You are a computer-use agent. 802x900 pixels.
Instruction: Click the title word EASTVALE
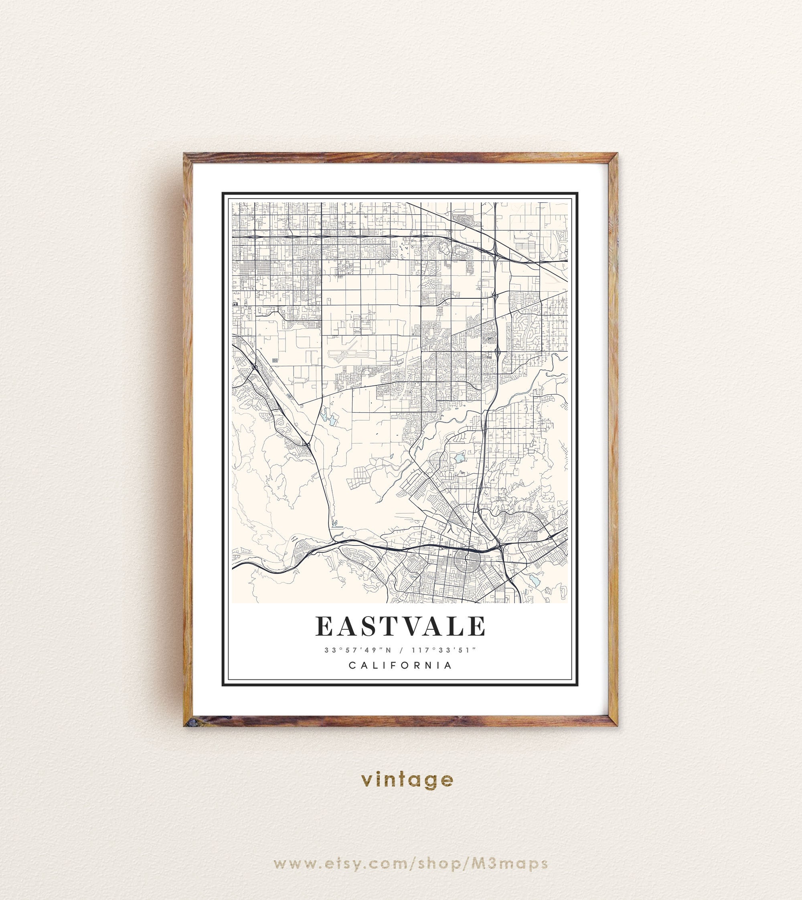click(x=400, y=626)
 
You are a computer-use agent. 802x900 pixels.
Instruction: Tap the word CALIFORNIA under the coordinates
click(x=400, y=665)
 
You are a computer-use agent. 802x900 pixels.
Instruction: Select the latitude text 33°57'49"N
click(x=358, y=650)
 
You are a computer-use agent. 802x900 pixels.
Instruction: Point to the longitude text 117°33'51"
click(x=444, y=650)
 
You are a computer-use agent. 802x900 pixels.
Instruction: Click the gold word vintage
click(x=407, y=780)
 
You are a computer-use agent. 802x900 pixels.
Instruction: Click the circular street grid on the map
click(x=468, y=561)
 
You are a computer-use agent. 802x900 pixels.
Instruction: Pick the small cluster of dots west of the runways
click(x=275, y=360)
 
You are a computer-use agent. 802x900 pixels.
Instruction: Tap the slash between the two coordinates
click(x=401, y=650)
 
